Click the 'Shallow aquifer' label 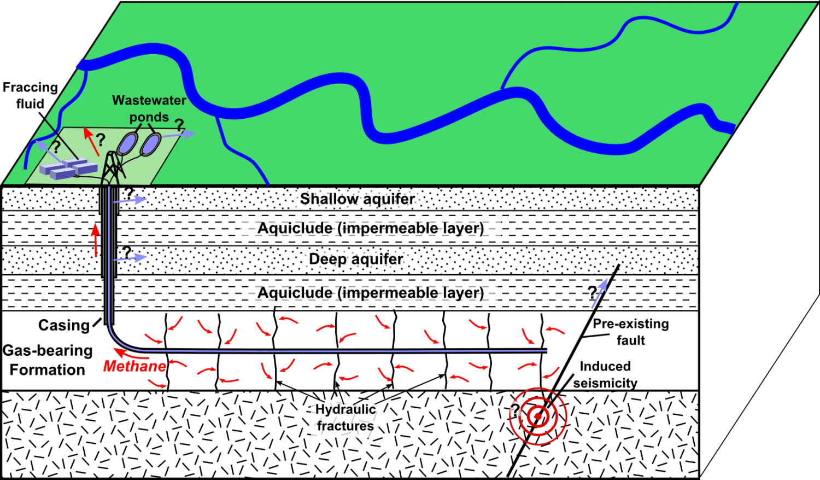click(x=358, y=199)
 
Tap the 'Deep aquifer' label click(x=356, y=259)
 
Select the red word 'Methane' click(x=134, y=366)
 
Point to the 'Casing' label click(x=64, y=325)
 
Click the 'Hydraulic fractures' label click(x=345, y=418)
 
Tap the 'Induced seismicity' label click(x=605, y=375)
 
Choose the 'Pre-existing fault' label click(x=631, y=332)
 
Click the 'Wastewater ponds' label click(x=149, y=108)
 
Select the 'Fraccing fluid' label click(x=31, y=95)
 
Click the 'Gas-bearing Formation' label click(x=48, y=360)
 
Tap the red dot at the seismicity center click(x=538, y=417)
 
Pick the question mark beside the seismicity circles click(x=515, y=411)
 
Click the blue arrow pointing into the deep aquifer click(x=130, y=258)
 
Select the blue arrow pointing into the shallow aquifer click(x=130, y=200)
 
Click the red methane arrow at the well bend click(x=131, y=354)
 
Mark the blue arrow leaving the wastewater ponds click(x=178, y=135)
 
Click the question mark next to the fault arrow click(x=592, y=293)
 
